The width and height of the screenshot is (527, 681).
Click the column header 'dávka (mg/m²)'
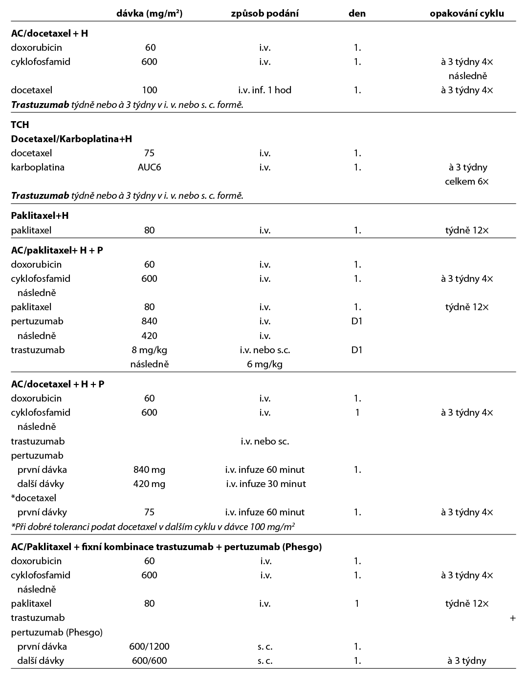pos(149,14)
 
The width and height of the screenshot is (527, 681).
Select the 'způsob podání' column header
pos(264,14)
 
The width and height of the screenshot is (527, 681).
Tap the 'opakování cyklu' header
pos(466,14)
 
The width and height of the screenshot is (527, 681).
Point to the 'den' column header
pos(357,14)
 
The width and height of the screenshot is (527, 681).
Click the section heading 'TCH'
pos(20,125)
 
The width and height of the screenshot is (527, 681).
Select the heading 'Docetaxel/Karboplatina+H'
pos(71,139)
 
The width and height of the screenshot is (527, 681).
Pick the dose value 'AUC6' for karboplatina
pos(149,167)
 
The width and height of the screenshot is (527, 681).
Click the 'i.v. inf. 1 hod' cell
pos(264,90)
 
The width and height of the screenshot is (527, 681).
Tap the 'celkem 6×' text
pos(466,181)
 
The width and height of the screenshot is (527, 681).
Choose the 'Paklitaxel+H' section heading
pos(40,215)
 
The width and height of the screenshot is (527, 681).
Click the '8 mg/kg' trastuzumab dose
pos(149,350)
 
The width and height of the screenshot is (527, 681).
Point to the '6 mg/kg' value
pos(264,364)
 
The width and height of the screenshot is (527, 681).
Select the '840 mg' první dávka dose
pos(149,469)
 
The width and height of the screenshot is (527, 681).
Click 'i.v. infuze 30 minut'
pos(265,484)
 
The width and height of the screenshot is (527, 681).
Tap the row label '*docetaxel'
pos(33,498)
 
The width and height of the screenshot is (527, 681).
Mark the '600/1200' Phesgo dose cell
pos(149,646)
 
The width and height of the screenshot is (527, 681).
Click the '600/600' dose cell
pos(149,660)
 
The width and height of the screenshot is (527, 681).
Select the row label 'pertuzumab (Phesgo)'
pos(57,632)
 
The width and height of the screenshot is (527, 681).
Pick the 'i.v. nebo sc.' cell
pos(264,441)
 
